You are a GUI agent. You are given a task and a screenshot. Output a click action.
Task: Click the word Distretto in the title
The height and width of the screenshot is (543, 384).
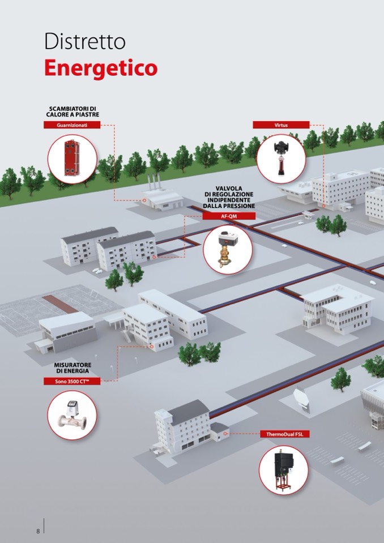(x=84, y=41)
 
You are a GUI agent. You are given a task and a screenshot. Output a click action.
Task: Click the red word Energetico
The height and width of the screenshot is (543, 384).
(x=101, y=68)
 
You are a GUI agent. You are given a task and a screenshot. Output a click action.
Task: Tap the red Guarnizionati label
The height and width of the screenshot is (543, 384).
(x=72, y=125)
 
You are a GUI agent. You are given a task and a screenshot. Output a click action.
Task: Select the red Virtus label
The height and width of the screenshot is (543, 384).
(x=281, y=125)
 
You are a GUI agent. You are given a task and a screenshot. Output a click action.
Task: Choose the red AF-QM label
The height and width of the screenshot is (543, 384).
(x=229, y=216)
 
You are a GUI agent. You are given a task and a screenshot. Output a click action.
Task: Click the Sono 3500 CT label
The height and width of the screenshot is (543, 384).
(x=72, y=381)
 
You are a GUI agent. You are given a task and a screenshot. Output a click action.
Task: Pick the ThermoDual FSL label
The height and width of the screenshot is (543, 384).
(x=285, y=434)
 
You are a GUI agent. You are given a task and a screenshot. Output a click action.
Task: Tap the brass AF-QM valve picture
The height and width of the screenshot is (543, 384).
(x=227, y=249)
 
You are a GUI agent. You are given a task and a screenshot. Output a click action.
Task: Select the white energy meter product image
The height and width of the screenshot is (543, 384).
(x=72, y=416)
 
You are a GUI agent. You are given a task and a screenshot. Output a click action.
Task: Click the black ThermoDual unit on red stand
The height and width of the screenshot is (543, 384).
(x=284, y=470)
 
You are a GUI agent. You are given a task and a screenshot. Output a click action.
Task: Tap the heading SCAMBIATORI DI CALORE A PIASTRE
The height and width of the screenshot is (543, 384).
(x=72, y=112)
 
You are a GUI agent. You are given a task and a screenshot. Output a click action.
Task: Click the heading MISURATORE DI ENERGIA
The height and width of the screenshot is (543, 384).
(x=72, y=368)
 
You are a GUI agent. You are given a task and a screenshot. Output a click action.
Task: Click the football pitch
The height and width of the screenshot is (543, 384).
(x=52, y=305)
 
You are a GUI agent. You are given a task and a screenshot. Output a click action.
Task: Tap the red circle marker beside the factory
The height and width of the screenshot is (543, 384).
(x=144, y=200)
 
